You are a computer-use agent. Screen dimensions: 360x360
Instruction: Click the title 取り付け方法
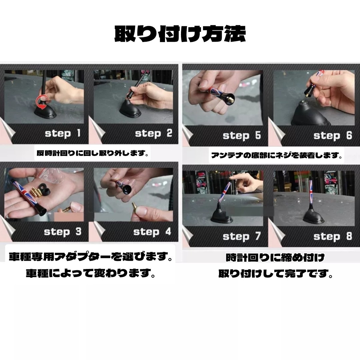point(180,34)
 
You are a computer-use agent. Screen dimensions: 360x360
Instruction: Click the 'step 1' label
point(62,134)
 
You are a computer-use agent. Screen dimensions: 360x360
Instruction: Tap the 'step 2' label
point(153,134)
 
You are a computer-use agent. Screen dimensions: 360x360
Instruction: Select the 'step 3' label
point(62,232)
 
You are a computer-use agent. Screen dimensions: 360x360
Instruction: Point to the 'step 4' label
point(152,232)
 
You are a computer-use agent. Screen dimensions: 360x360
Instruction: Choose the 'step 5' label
point(241,136)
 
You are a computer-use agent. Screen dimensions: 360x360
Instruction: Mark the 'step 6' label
point(332,136)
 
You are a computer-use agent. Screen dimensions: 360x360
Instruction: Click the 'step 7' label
point(241,237)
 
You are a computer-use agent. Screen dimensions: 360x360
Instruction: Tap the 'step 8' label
point(332,237)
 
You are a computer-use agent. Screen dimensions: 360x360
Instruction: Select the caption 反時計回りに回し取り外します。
point(92,154)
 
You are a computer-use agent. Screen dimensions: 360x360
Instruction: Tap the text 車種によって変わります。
point(91,274)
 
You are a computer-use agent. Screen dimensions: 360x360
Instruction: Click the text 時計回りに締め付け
point(275,258)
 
